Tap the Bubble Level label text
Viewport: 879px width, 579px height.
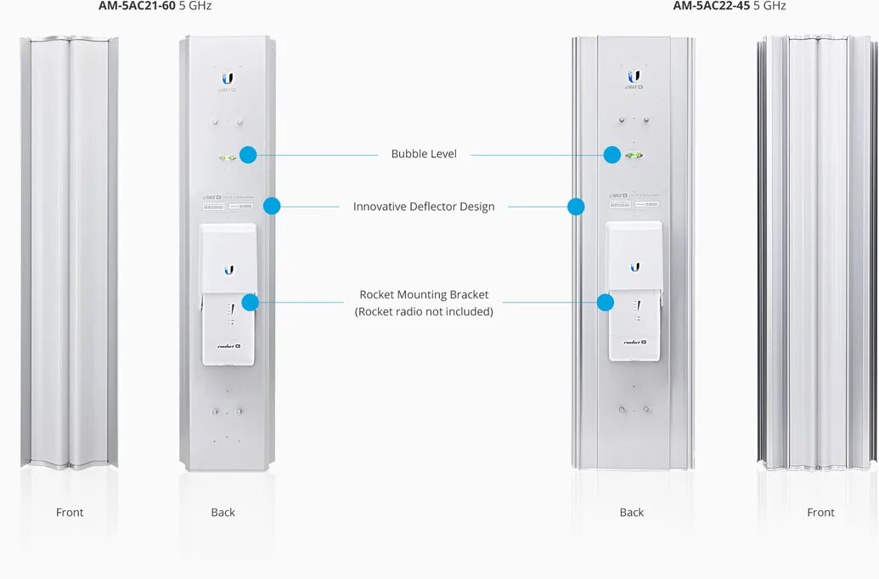tap(424, 154)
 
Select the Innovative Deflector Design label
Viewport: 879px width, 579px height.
tap(424, 207)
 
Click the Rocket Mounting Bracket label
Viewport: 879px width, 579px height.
tap(424, 295)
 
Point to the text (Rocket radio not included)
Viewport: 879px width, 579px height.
tap(424, 312)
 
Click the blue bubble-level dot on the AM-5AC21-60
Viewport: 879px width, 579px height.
tap(248, 155)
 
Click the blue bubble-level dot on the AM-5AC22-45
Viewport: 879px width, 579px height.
tap(612, 155)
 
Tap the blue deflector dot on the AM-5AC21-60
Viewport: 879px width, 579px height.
tap(272, 206)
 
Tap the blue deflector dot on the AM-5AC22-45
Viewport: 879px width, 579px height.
tap(576, 207)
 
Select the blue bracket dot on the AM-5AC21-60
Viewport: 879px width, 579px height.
tap(250, 302)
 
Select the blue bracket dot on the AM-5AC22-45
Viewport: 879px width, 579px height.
tap(606, 302)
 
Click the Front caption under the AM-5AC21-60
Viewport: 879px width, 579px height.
tap(70, 513)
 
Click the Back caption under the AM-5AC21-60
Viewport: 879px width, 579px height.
tap(223, 513)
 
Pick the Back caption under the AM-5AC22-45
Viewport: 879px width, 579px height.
tap(632, 513)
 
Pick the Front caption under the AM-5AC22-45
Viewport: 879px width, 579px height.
tap(821, 513)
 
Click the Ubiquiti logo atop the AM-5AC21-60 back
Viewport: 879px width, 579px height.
tap(228, 78)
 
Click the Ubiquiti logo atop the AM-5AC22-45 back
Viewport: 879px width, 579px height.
tap(634, 77)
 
